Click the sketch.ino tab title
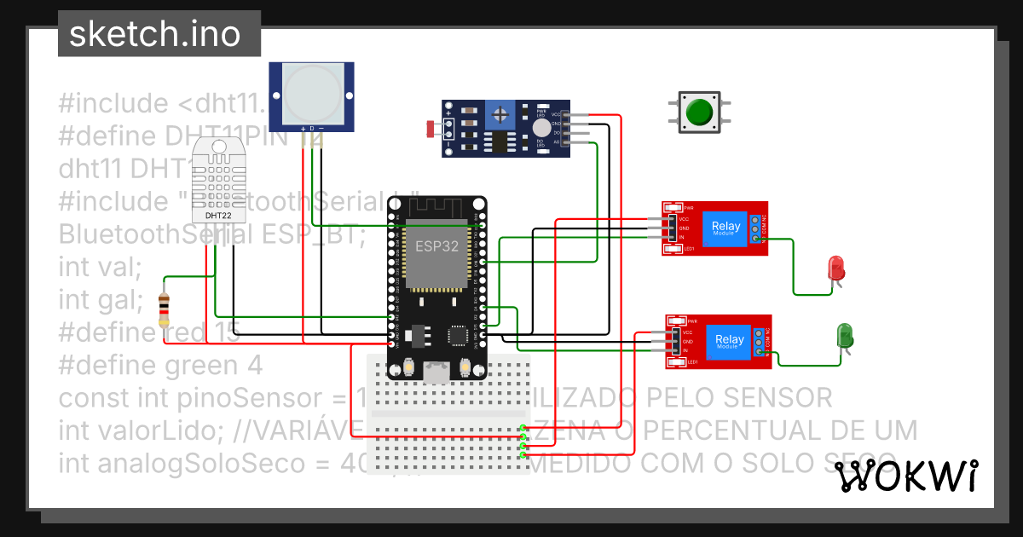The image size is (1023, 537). point(153,34)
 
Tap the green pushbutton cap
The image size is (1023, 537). point(700,112)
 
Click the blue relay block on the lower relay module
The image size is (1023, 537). point(729,341)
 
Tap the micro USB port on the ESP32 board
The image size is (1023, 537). point(437,371)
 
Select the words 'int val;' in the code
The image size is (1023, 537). point(101,267)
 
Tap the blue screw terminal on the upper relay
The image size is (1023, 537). point(755,229)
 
